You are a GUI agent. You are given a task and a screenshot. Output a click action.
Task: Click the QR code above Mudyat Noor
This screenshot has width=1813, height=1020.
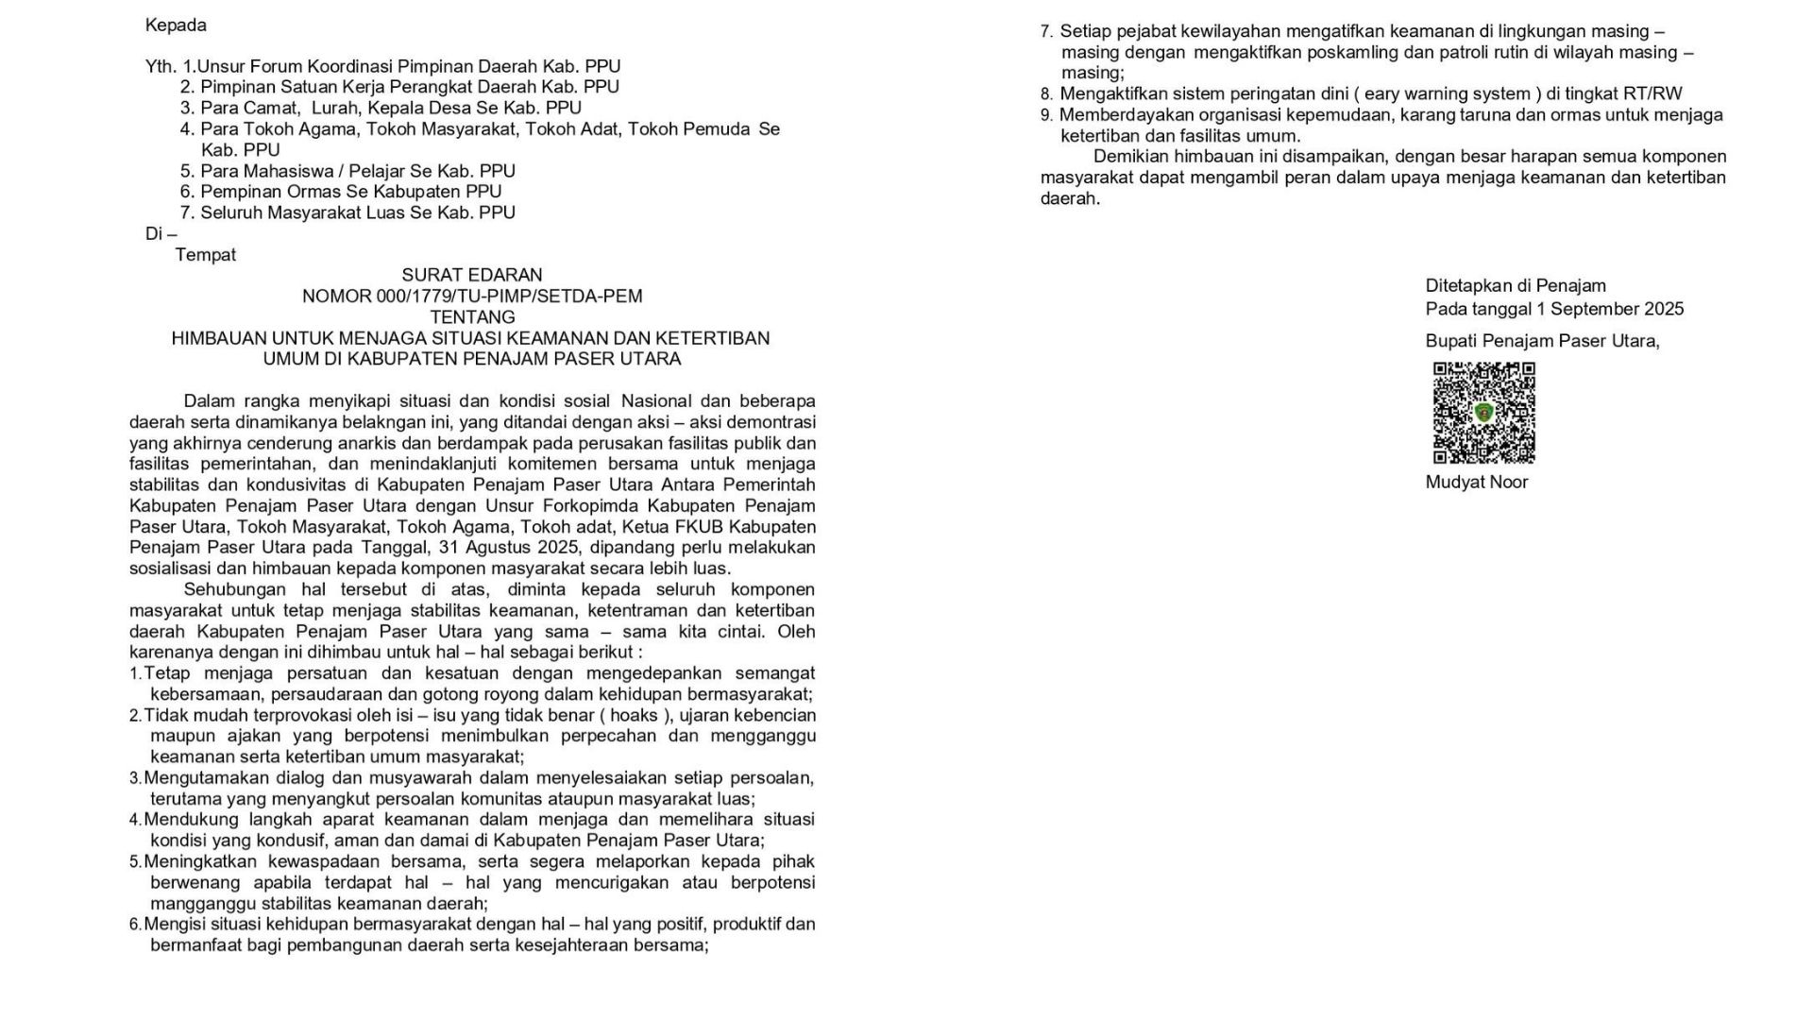click(x=1483, y=413)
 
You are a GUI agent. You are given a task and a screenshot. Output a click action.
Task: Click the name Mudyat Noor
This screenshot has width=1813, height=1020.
click(x=1476, y=482)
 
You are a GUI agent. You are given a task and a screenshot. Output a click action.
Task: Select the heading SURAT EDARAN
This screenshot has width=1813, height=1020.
click(x=472, y=275)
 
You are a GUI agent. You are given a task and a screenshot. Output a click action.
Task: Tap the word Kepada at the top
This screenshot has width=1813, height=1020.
click(x=176, y=25)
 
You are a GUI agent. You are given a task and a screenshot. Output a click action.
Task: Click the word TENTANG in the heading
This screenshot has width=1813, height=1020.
click(x=472, y=317)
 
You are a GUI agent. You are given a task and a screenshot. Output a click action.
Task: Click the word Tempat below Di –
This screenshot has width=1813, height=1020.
click(x=206, y=255)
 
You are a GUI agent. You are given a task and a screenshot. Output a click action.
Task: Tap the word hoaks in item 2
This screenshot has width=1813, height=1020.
click(x=634, y=715)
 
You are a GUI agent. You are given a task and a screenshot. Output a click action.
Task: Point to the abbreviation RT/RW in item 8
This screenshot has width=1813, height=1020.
click(x=1654, y=93)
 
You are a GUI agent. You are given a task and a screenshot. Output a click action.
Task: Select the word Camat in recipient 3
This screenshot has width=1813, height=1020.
click(x=270, y=108)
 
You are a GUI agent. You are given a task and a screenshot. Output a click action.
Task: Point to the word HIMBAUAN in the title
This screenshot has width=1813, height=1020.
click(x=218, y=338)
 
